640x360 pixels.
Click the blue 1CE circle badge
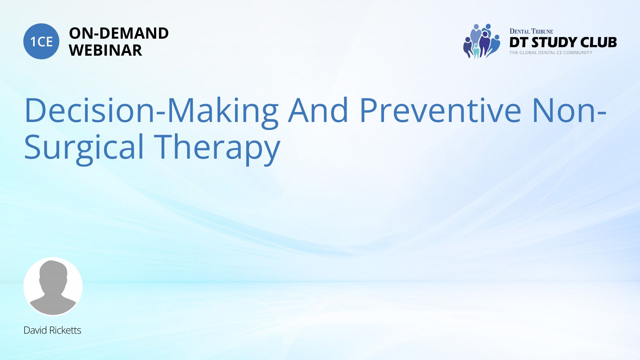41,41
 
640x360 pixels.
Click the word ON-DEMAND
119,33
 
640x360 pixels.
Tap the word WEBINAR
105,50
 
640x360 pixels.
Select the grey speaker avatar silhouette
53,287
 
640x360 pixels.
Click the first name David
35,330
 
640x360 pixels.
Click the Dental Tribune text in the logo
531,31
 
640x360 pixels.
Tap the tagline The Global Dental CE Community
551,53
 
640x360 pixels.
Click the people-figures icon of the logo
482,41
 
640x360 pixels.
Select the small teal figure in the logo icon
476,51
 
